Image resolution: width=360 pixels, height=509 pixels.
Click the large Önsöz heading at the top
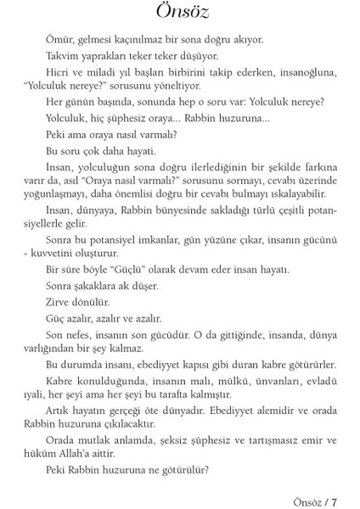tap(179, 15)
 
